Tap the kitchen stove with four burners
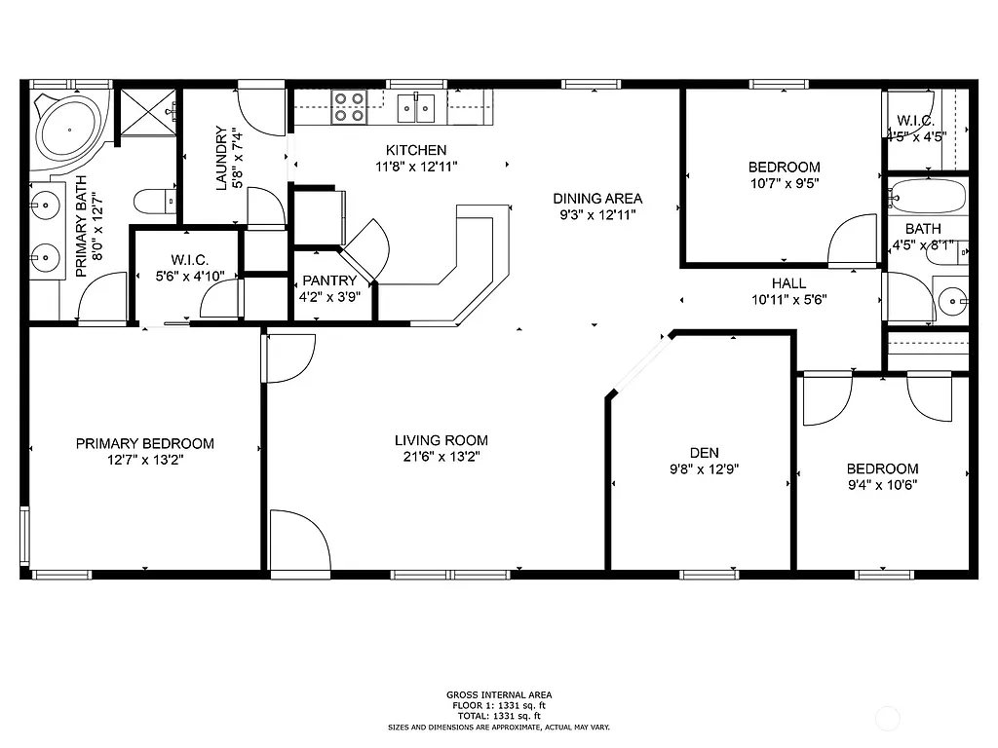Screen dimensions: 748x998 (348, 106)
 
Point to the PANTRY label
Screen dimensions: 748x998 (329, 281)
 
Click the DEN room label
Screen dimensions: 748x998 (704, 452)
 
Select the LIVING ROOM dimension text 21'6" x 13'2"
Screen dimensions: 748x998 (441, 456)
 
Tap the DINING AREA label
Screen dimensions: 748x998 (600, 199)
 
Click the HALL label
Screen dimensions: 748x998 (788, 284)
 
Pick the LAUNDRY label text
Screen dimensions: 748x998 (221, 158)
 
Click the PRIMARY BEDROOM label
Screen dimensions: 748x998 (144, 443)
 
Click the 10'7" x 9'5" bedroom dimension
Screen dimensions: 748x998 (784, 182)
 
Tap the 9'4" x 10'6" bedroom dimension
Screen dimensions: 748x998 (881, 484)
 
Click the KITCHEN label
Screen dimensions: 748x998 (416, 150)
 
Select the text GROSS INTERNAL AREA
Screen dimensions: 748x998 (498, 694)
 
